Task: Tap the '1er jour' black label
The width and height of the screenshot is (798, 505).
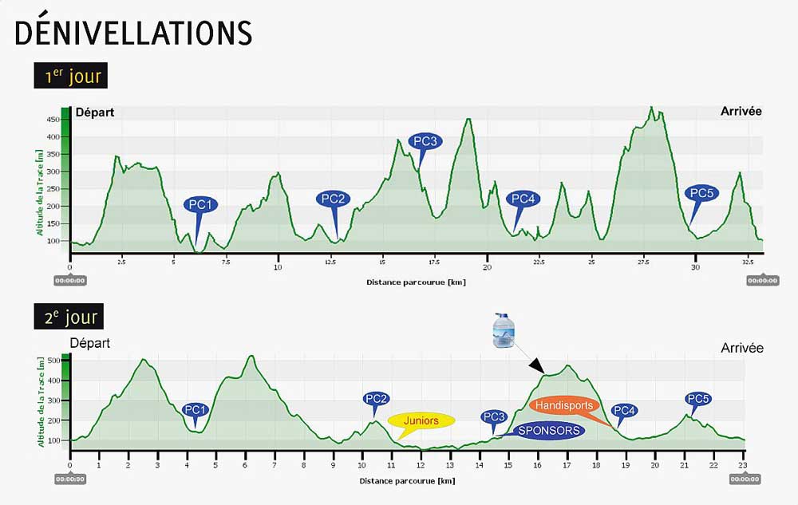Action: [71, 77]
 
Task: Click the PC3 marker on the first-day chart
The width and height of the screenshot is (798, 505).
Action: [425, 141]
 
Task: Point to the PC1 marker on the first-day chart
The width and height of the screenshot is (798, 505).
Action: [201, 204]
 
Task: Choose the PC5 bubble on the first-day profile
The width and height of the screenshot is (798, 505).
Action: [701, 192]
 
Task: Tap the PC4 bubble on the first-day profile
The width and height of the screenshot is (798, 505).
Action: [523, 199]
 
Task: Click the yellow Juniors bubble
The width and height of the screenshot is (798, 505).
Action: [421, 420]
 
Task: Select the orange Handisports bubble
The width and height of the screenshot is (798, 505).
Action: [564, 405]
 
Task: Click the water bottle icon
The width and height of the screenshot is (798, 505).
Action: [504, 329]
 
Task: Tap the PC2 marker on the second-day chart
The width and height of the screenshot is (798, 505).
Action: [376, 399]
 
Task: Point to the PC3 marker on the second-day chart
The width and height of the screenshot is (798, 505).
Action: [494, 416]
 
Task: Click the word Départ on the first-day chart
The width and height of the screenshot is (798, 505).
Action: [95, 112]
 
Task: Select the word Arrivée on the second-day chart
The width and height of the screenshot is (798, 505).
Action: [741, 348]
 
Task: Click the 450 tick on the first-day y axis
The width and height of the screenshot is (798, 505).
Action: [53, 120]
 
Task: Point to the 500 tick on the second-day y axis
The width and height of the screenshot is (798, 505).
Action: [55, 361]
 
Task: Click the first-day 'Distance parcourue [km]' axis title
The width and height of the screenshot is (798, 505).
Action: [416, 282]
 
